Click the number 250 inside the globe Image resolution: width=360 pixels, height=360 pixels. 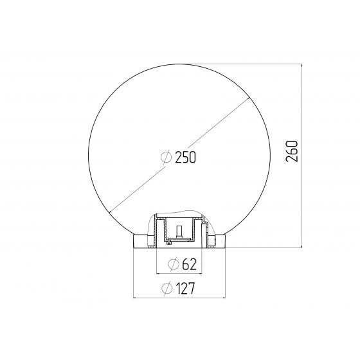[x=186, y=157]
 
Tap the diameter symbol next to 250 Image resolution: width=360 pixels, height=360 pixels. [x=166, y=157]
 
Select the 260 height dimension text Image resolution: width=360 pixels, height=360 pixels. [x=292, y=151]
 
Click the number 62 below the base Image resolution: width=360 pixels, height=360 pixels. [x=190, y=264]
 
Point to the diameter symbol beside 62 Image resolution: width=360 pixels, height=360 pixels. [x=174, y=264]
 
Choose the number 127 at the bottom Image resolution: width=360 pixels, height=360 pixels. [x=185, y=289]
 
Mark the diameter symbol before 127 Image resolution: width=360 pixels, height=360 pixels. [x=167, y=289]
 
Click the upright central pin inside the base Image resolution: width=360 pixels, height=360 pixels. [x=179, y=232]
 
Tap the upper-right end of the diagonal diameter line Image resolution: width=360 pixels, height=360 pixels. [x=249, y=98]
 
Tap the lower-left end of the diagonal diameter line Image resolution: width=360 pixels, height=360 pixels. [x=110, y=213]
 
